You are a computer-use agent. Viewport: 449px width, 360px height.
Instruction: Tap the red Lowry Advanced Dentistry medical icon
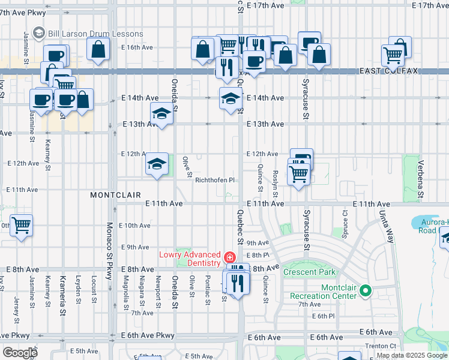(x=229, y=257)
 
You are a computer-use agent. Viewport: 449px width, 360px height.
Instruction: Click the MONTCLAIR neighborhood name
(x=115, y=195)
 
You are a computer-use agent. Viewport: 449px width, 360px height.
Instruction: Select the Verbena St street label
(x=421, y=183)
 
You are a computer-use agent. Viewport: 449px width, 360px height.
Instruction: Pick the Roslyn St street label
(x=275, y=179)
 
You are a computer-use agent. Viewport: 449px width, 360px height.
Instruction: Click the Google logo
(x=20, y=353)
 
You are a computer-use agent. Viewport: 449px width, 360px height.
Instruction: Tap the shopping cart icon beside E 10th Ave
(x=22, y=226)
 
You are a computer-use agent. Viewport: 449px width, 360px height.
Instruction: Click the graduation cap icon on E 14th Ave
(x=229, y=98)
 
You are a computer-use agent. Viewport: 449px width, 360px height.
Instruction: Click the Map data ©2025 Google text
(x=412, y=355)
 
